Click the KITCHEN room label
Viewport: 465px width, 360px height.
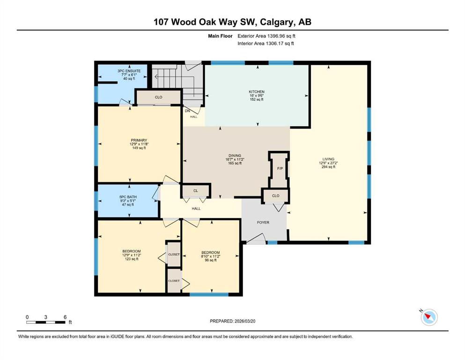click(257, 92)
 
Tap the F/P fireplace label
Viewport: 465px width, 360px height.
click(280, 169)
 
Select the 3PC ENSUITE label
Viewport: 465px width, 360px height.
click(129, 71)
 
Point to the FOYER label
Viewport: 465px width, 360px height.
click(263, 222)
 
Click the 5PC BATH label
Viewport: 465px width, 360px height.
click(128, 197)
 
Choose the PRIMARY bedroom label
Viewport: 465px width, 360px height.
click(139, 140)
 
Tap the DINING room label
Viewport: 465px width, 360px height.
click(235, 156)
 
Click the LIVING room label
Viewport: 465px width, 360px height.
click(328, 159)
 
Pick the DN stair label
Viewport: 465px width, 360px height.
click(187, 111)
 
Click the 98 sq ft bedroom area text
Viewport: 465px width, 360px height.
click(211, 260)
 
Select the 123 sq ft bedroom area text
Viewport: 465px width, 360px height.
click(132, 259)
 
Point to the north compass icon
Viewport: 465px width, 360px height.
click(429, 317)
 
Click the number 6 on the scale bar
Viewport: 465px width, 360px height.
click(65, 317)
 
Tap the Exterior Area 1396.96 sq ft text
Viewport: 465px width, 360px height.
click(266, 36)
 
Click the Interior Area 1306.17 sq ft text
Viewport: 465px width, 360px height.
click(266, 43)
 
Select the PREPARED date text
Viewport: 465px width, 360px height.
click(232, 321)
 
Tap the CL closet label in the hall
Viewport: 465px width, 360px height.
click(195, 191)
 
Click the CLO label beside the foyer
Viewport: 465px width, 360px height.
click(275, 195)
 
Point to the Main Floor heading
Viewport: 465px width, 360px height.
click(220, 36)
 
